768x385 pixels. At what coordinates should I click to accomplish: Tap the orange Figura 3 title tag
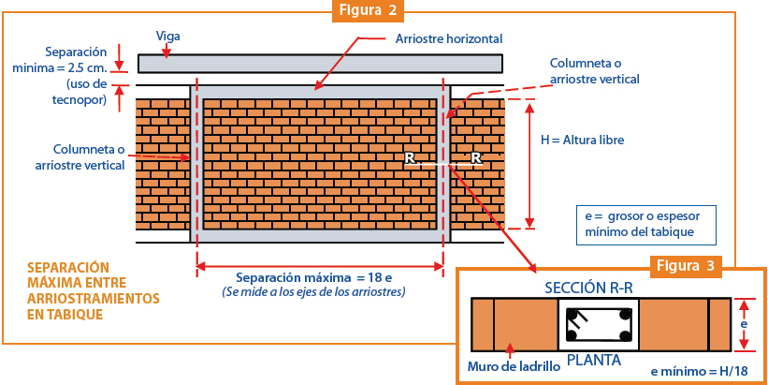(686, 266)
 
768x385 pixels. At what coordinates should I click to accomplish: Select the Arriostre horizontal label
(449, 38)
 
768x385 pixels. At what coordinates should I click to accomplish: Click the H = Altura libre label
(582, 140)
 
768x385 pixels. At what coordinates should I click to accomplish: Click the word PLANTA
(594, 361)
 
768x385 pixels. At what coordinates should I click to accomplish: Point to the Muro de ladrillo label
(514, 366)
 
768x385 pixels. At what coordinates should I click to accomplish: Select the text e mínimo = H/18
(700, 372)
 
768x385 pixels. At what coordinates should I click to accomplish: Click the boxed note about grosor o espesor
(645, 225)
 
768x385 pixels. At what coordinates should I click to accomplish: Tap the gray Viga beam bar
(320, 64)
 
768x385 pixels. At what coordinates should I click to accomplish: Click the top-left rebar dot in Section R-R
(572, 314)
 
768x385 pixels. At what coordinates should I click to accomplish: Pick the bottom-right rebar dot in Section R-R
(626, 336)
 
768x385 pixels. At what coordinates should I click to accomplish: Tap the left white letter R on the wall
(410, 158)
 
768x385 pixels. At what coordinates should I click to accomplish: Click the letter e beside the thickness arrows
(744, 325)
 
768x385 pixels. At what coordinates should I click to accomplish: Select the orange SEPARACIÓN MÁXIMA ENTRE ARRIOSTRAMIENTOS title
(93, 291)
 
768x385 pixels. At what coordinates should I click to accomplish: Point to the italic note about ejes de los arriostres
(314, 292)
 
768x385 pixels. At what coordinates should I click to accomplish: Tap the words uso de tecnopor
(80, 92)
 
